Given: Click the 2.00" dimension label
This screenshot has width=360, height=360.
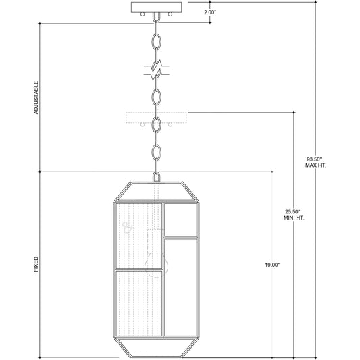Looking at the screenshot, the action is [x=210, y=12].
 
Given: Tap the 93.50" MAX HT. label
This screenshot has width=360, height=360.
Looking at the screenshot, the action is [x=315, y=162].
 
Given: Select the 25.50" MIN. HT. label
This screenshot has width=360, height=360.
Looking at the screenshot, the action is [x=294, y=215].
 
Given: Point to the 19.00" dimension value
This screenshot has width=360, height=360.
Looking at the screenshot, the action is [x=272, y=265].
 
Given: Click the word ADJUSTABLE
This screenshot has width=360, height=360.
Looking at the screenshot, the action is [x=36, y=97].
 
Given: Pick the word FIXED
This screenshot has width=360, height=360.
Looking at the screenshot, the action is [x=36, y=264].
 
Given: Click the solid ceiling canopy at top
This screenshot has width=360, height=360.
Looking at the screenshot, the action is [x=156, y=7].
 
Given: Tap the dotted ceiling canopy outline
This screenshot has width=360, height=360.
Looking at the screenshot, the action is [x=156, y=118].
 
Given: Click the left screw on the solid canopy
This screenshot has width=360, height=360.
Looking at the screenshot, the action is [x=143, y=14].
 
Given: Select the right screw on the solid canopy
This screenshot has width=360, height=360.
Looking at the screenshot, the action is [x=170, y=14].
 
